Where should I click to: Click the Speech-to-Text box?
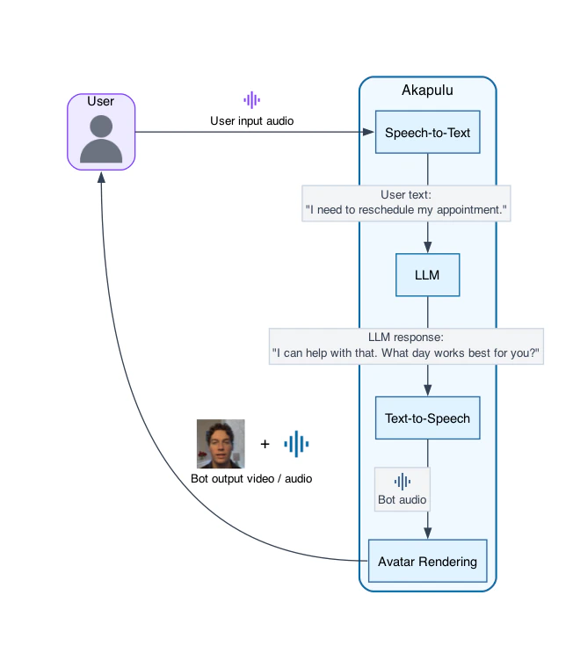coord(427,133)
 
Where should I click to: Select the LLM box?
coord(427,275)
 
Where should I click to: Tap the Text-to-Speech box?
coord(427,418)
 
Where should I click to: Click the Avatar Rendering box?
coord(427,561)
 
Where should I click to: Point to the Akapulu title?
coord(427,90)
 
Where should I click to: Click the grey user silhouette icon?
coord(101,139)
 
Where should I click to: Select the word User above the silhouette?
coord(101,101)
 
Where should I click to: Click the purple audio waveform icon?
coord(252,100)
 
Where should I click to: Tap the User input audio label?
coord(252,120)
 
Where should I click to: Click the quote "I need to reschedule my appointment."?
coord(407,211)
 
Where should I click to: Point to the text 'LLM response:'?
coord(406,337)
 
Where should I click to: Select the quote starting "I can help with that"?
coord(406,353)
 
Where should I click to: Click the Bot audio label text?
coord(402,499)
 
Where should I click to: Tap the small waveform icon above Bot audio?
coord(402,481)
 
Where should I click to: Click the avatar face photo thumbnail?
coord(221,444)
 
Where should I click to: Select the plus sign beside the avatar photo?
coord(265,444)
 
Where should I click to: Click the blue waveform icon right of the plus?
coord(296,444)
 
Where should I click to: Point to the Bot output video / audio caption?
coord(251,479)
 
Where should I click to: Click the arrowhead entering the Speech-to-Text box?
coord(369,133)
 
